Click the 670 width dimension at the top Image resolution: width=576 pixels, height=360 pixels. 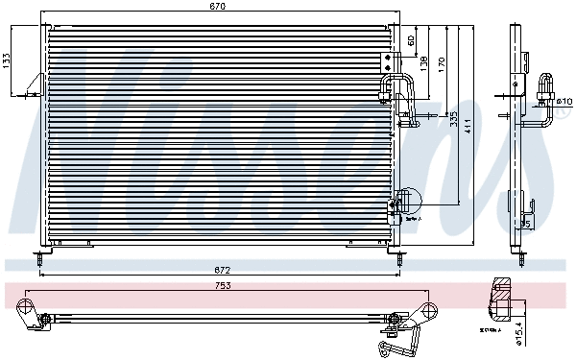(x=218, y=7)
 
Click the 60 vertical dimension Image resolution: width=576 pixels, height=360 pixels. (x=411, y=40)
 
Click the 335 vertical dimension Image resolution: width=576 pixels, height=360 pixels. (x=453, y=119)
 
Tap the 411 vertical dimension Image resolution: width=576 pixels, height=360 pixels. (x=468, y=125)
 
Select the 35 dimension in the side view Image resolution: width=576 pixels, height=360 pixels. (x=524, y=224)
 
